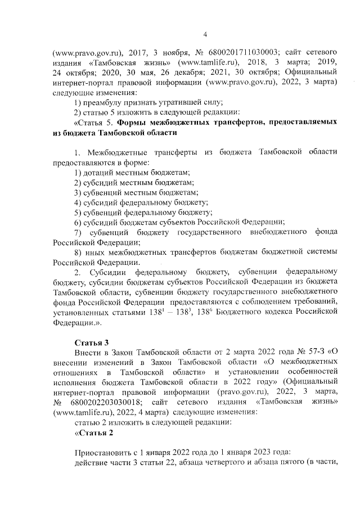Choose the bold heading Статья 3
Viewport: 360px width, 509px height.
(91, 343)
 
